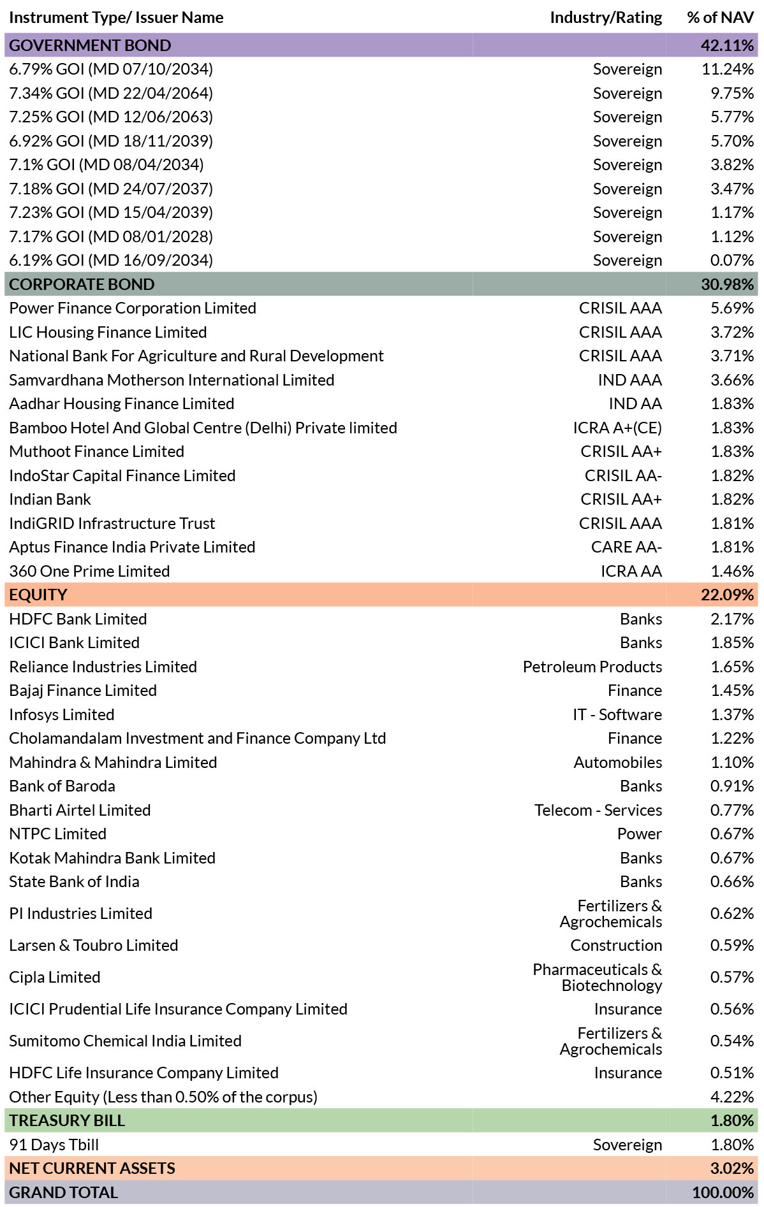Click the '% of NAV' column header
point(721,18)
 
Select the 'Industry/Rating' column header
point(606,18)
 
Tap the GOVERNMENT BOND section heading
point(90,46)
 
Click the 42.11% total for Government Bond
point(727,46)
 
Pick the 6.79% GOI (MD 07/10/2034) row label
point(111,69)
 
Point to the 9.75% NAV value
point(732,94)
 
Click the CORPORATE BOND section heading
point(82,285)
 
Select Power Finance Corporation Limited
point(133,308)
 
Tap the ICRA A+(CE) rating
point(617,428)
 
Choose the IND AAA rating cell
point(630,380)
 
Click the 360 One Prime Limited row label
point(89,572)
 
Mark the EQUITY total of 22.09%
point(727,595)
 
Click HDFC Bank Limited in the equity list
point(78,619)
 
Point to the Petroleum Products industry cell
point(592,667)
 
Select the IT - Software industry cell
point(617,715)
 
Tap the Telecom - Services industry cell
point(598,811)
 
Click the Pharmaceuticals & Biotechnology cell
point(598,978)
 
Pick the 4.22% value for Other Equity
point(732,1097)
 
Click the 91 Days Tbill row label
point(54,1145)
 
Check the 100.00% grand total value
point(723,1193)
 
